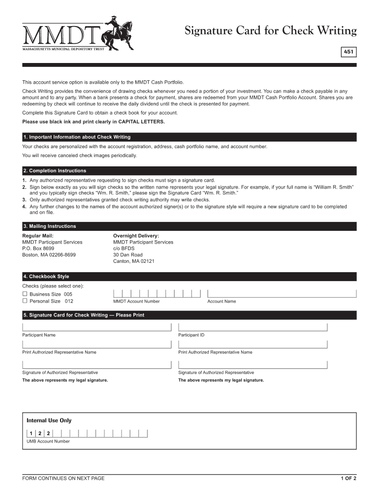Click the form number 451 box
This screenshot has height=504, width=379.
[x=348, y=52]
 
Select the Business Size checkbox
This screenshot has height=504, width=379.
[x=25, y=294]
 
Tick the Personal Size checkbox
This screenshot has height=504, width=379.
[x=25, y=301]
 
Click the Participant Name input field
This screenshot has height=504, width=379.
[x=96, y=327]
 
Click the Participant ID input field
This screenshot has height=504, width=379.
[x=253, y=327]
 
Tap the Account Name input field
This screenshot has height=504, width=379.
[x=282, y=293]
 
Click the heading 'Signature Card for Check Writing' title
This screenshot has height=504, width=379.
[x=270, y=31]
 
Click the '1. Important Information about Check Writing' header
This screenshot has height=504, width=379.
[x=77, y=137]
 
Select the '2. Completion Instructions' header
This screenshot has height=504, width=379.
[x=55, y=171]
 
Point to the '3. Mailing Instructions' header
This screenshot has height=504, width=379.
[x=50, y=226]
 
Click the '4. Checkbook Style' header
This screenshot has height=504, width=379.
[x=46, y=277]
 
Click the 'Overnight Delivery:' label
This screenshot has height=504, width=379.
[x=136, y=236]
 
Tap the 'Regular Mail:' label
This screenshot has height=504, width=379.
[x=38, y=236]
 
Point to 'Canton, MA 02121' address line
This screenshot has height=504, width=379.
[x=134, y=261]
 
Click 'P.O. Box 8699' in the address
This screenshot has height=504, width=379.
[x=38, y=249]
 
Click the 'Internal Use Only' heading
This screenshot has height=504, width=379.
[x=49, y=420]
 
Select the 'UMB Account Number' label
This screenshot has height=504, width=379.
[x=48, y=441]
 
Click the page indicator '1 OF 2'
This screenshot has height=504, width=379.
[x=348, y=478]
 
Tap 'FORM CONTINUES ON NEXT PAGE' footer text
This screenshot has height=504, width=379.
[x=63, y=478]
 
